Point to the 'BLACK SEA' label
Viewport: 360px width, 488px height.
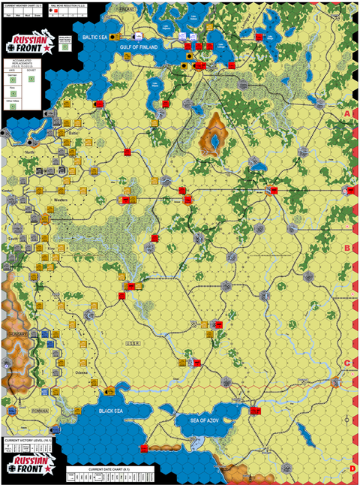coord(117,411)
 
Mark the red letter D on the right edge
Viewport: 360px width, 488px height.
coord(351,468)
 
